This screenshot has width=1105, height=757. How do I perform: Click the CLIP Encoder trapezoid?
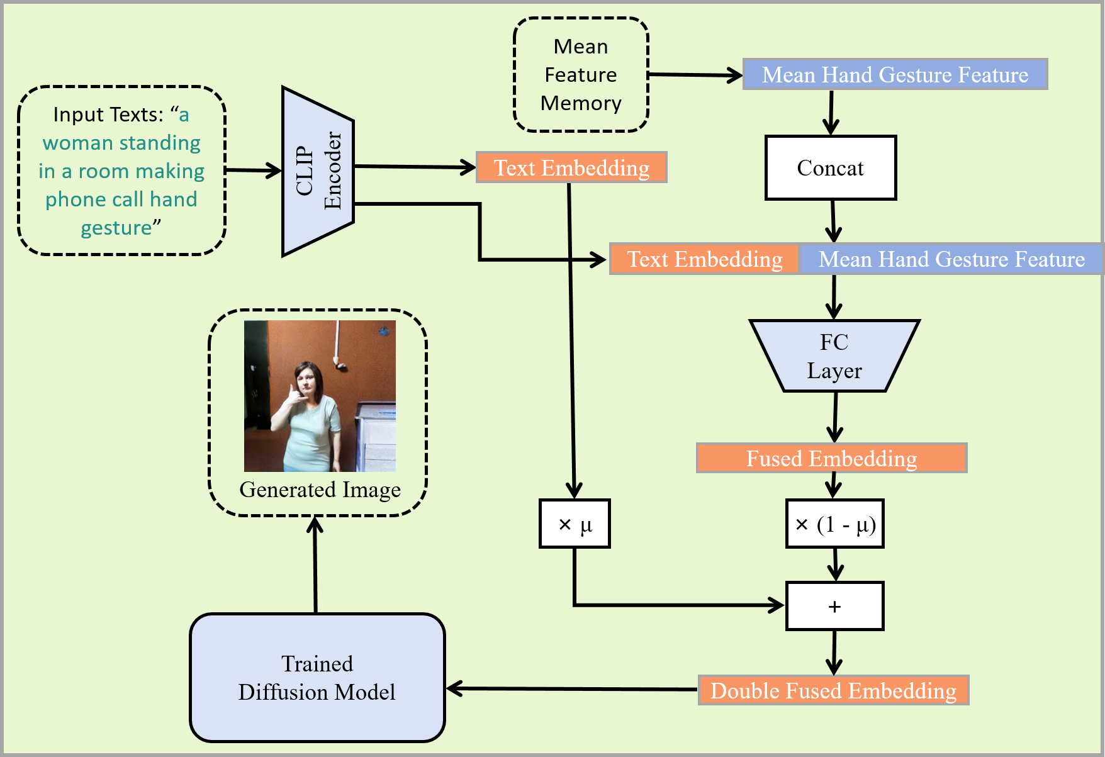318,171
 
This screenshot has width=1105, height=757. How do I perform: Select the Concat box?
831,168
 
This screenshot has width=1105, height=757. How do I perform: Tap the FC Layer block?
834,356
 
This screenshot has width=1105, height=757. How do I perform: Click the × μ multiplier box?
575,524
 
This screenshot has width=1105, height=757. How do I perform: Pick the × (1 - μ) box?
835,524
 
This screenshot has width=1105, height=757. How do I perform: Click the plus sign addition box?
835,606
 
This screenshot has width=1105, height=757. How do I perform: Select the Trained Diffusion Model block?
317,678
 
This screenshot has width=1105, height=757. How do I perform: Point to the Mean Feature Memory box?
581,75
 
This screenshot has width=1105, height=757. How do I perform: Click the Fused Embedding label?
831,458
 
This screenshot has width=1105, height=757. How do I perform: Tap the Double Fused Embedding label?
833,690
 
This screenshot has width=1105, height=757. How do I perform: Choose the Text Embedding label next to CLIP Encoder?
571,167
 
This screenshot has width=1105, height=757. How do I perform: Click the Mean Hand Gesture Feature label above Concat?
895,74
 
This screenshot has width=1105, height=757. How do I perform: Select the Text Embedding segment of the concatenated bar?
705,259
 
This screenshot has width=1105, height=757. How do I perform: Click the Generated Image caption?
320,490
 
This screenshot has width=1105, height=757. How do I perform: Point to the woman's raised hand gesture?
291,396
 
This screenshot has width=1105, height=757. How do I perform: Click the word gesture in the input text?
116,228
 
